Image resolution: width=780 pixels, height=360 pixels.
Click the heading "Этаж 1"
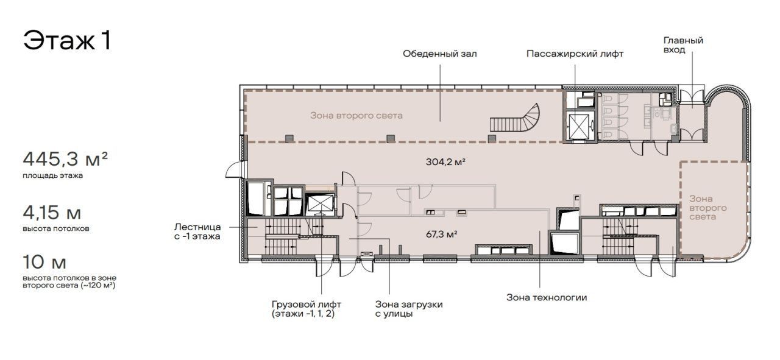point(67,40)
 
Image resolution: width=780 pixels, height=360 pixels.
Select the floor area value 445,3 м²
point(65,159)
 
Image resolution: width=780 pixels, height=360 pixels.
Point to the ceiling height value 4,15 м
point(52,213)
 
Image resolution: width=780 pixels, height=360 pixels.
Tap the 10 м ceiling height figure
point(44,262)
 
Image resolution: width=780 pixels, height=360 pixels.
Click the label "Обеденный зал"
point(440,54)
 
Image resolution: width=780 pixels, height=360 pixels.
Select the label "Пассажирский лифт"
point(575,54)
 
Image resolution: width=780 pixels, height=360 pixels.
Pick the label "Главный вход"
point(683,45)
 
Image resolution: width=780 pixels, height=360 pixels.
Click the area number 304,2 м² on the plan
point(445,161)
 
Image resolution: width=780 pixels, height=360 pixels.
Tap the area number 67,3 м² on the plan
point(442,235)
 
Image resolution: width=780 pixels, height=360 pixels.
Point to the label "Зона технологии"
point(547,297)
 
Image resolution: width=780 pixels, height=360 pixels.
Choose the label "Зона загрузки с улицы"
point(409,309)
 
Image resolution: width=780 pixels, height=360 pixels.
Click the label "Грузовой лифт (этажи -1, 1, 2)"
point(307,309)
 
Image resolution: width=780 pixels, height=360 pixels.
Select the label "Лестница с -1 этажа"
point(197,232)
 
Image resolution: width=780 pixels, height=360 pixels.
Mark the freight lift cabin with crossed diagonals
point(321,203)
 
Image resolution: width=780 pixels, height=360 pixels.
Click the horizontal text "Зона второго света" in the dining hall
point(356,116)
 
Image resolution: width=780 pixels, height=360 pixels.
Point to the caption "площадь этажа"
point(53,175)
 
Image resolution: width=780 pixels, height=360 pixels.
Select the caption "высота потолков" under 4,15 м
point(56,229)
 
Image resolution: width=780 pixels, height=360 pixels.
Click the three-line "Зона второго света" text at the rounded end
point(708,208)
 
